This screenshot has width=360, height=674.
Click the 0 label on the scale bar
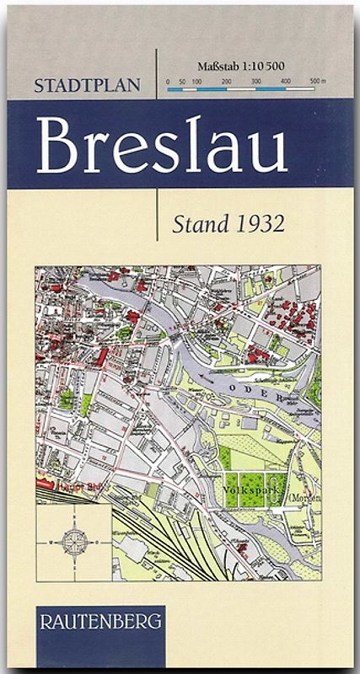click(168, 81)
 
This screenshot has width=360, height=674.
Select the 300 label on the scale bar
click(256, 81)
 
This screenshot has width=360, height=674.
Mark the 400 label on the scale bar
click(286, 81)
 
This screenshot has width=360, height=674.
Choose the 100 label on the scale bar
click(196, 81)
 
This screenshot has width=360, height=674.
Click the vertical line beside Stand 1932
click(158, 215)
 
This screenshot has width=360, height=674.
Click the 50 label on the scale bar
click(182, 81)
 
